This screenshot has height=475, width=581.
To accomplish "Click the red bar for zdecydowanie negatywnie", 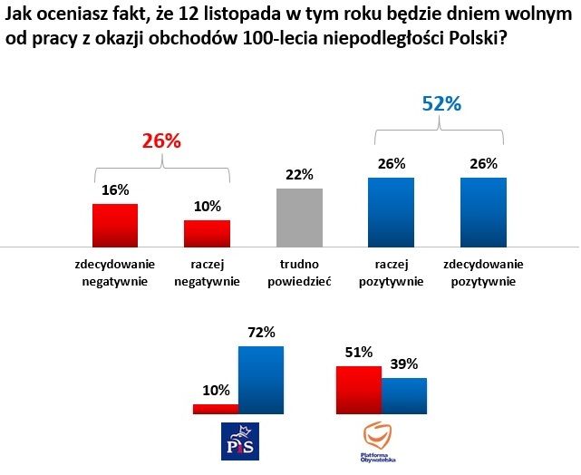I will click(x=115, y=225).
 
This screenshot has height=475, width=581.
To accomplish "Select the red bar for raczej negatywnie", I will click(x=208, y=233).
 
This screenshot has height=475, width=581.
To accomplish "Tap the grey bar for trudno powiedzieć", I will click(x=300, y=218).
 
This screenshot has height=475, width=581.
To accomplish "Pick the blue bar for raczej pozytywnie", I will click(x=391, y=212).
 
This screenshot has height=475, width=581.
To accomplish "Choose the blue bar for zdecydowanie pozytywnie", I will click(x=483, y=212).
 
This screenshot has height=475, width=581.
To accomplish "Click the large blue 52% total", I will click(x=441, y=103).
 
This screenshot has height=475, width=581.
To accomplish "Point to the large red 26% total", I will click(x=161, y=141).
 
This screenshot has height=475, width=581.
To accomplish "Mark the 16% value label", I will click(x=115, y=190).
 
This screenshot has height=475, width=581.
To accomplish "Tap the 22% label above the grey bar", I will click(x=300, y=174).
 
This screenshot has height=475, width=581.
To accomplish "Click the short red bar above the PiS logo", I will click(x=215, y=409).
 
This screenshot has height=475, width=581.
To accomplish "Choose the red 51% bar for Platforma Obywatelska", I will click(x=359, y=390).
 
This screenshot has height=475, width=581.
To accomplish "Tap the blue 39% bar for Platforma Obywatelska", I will click(x=403, y=396).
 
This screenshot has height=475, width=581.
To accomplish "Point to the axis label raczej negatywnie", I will click(x=208, y=273).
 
